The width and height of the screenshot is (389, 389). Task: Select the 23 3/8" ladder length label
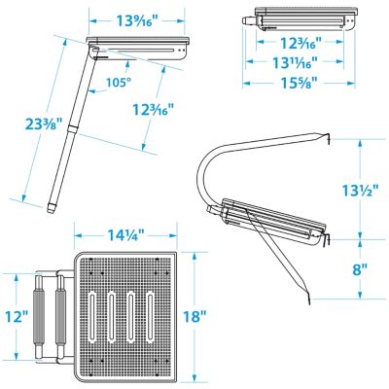[x=45, y=125]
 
